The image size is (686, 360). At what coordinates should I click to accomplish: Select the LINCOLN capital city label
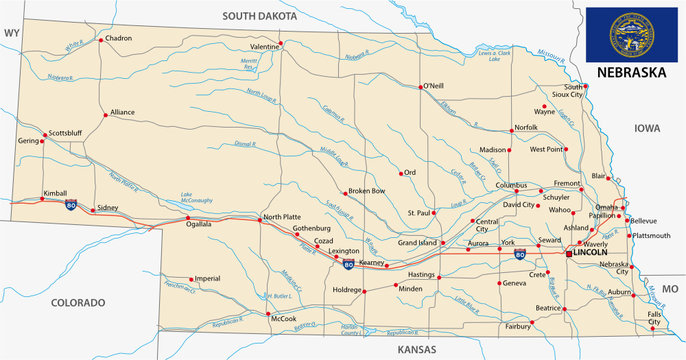594,254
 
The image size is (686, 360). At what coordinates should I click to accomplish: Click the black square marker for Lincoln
569,254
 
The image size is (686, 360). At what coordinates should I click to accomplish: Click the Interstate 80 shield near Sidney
71,205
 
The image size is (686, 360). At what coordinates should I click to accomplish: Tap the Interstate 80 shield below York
520,257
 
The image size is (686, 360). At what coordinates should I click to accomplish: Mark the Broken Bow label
366,191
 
